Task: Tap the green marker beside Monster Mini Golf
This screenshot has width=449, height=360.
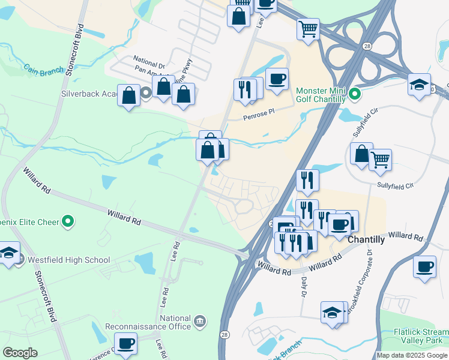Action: [x=354, y=94]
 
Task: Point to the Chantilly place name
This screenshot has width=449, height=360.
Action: [x=366, y=239]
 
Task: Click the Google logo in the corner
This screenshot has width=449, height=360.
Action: [x=20, y=353]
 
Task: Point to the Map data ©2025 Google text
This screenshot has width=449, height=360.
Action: [x=412, y=355]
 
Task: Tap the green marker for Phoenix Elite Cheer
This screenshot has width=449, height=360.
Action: [x=68, y=222]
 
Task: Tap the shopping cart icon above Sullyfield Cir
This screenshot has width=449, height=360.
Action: [x=380, y=160]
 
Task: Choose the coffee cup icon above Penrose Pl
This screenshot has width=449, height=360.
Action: [x=277, y=79]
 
